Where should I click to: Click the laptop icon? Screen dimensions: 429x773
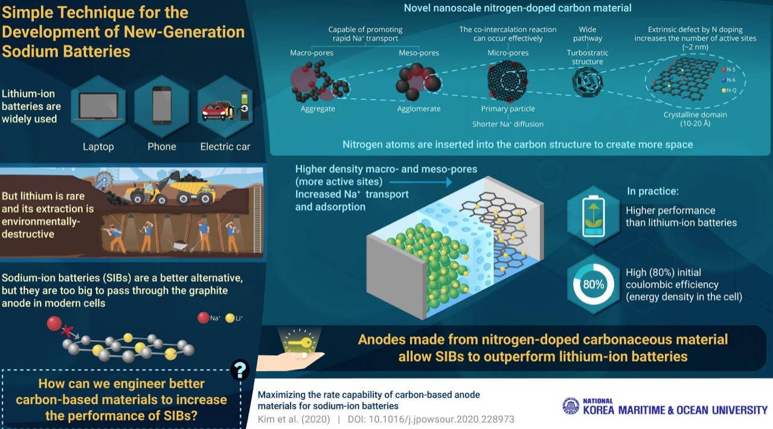tap(98, 106)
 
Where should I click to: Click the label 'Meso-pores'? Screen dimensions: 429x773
tap(419, 53)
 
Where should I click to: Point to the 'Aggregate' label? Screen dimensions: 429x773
tap(318, 109)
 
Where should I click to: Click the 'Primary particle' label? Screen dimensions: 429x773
tap(507, 109)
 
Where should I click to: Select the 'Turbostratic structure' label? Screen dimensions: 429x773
tap(588, 57)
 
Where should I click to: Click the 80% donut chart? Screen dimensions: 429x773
tap(593, 283)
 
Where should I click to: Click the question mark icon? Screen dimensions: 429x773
tap(240, 369)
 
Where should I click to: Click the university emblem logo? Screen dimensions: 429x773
tap(570, 406)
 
